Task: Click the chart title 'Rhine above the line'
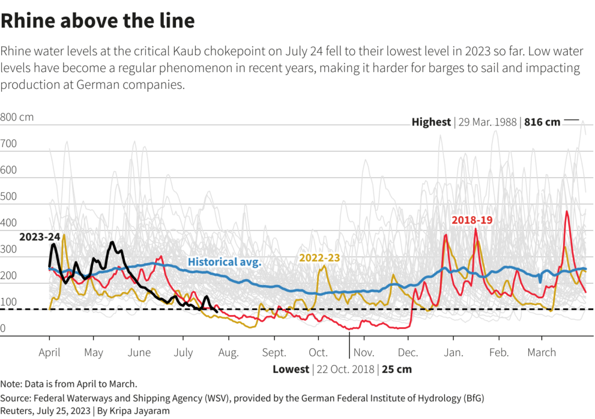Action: (97, 21)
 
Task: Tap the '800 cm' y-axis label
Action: (17, 117)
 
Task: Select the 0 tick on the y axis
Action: (3, 329)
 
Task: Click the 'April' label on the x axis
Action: (49, 352)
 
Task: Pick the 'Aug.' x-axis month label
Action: (228, 352)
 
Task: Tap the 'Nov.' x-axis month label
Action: (363, 352)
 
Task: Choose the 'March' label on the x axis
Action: (542, 352)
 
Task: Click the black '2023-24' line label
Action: (39, 237)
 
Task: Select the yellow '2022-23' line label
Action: (319, 258)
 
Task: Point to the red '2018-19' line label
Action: (471, 220)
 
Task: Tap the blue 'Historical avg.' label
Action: (225, 262)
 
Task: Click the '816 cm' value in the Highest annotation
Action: (542, 122)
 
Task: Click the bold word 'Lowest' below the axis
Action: (291, 369)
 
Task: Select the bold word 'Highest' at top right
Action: (431, 122)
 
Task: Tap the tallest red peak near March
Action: (567, 212)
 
